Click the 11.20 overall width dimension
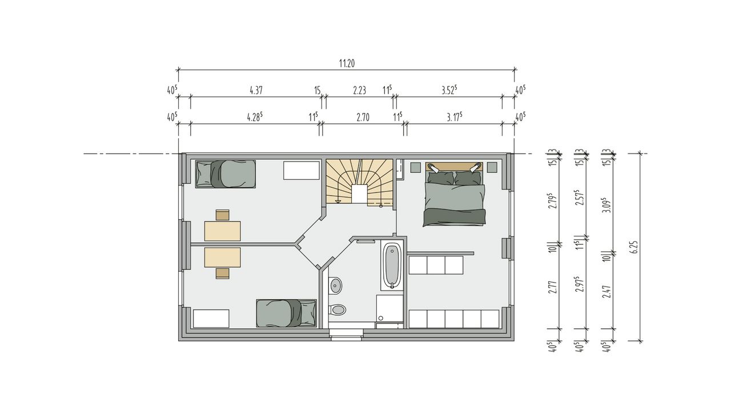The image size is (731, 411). point(347,63)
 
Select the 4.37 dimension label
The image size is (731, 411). point(256,90)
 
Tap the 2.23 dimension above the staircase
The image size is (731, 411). point(359,90)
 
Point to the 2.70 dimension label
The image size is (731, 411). point(363,118)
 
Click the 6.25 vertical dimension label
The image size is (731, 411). point(634,247)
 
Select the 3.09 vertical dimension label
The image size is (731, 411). point(607,205)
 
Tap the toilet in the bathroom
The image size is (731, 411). point(337,310)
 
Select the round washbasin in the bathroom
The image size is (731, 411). point(335,286)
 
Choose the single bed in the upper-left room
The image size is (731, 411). point(226,174)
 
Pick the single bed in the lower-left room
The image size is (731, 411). point(286,313)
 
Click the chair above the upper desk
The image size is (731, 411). point(223,215)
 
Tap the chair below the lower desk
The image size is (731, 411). point(223,273)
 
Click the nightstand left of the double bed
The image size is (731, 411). point(415,167)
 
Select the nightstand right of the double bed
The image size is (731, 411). point(492,167)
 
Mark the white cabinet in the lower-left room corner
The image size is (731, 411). point(211,319)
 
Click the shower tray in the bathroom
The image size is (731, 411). point(389,309)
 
